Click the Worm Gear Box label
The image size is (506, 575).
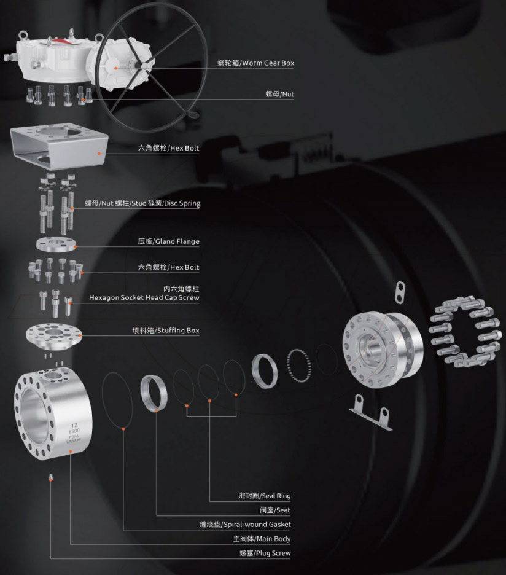[255, 63]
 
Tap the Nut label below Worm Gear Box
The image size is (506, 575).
[280, 94]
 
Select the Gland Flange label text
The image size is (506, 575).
[169, 241]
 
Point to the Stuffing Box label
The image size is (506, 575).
[166, 331]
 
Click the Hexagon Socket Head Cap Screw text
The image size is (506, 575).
[144, 297]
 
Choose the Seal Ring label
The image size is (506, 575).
[265, 496]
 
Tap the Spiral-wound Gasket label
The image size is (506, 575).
[245, 525]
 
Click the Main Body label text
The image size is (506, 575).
[262, 539]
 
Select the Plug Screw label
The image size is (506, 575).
[265, 553]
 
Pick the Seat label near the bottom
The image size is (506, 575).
[275, 510]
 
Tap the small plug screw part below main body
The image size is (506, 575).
[51, 477]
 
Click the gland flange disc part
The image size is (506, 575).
[56, 244]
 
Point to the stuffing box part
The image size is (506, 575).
[54, 336]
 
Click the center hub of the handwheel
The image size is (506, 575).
[144, 66]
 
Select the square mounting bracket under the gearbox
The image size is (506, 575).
[60, 146]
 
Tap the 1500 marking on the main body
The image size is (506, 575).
[74, 431]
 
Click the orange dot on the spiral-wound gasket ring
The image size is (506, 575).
[123, 429]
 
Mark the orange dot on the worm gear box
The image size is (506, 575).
[116, 68]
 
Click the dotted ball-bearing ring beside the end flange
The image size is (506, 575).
[299, 366]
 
